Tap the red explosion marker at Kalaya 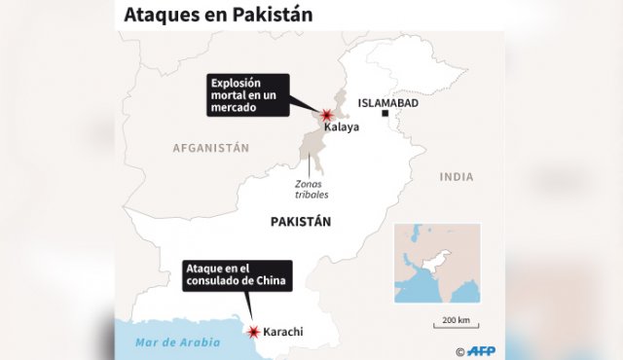[327, 116]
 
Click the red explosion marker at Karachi [255, 332]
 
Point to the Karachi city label [282, 332]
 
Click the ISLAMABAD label [387, 102]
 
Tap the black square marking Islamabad [385, 115]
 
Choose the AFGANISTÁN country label [211, 148]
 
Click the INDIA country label [457, 177]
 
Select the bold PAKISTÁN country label [301, 222]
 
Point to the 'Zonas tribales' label [312, 188]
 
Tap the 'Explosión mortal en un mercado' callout [249, 96]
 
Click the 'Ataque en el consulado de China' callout [238, 275]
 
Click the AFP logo [486, 350]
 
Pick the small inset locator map [437, 264]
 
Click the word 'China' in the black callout [270, 281]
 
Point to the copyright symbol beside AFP [459, 351]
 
